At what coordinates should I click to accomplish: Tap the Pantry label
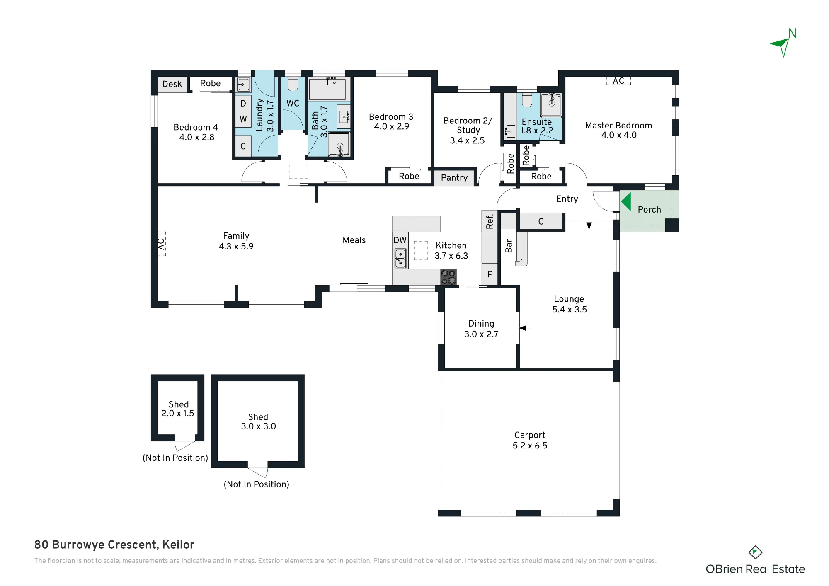click(x=454, y=178)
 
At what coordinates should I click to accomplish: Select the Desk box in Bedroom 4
click(x=172, y=84)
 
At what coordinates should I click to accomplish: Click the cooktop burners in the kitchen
click(x=448, y=277)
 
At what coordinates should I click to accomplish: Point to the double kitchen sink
click(x=400, y=258)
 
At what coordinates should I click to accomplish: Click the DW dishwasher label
click(x=400, y=240)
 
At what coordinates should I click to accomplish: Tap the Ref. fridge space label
click(x=490, y=221)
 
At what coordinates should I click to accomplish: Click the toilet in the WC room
click(x=293, y=84)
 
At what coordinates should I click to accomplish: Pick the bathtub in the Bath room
click(x=327, y=88)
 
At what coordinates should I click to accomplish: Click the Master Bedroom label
click(x=618, y=126)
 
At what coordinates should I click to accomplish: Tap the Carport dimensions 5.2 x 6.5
click(x=530, y=446)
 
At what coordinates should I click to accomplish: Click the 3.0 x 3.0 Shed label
click(x=258, y=422)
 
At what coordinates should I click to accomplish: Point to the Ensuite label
click(x=537, y=122)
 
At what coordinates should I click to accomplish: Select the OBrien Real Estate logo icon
click(x=755, y=552)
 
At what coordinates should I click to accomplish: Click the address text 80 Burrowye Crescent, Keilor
click(x=114, y=545)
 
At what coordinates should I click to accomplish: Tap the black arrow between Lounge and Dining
click(x=526, y=328)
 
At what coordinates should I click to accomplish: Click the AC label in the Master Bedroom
click(x=618, y=81)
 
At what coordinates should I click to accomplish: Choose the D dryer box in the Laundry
click(x=243, y=104)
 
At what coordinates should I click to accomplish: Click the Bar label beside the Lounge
click(x=509, y=246)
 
